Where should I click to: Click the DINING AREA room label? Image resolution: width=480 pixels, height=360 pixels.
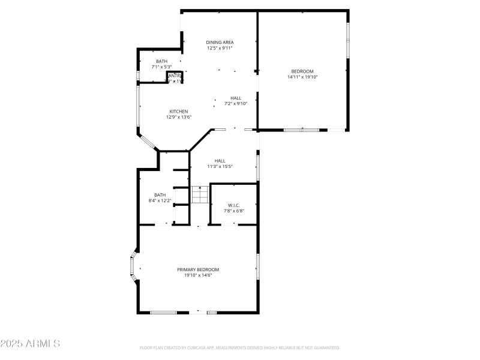pos(220,42)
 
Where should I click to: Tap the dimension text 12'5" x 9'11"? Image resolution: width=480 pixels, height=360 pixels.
pos(220,48)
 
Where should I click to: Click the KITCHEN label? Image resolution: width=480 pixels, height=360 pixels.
pos(179,111)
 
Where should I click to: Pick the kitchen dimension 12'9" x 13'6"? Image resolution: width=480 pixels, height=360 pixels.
pos(179,117)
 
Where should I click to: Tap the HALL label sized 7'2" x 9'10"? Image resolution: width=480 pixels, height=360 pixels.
pos(236,98)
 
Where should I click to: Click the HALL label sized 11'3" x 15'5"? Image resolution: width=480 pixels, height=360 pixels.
pos(220,160)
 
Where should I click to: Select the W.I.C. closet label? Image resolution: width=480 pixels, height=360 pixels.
pos(234,205)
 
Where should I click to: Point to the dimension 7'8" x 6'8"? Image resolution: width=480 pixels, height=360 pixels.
pos(234,211)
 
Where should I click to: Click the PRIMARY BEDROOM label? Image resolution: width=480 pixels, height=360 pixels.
pos(198,269)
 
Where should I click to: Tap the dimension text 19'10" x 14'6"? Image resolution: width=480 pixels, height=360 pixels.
pos(198,275)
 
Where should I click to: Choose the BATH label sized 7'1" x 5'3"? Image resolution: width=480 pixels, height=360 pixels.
pos(161,61)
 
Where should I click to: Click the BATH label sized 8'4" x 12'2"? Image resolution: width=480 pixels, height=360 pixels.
pos(160,194)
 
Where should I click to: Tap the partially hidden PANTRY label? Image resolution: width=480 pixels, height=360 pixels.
pos(175,77)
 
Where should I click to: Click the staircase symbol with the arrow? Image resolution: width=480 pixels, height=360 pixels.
pos(199,195)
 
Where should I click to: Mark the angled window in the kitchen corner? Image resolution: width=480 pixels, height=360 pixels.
pos(148,142)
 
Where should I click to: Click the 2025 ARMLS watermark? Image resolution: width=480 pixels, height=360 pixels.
pos(30,344)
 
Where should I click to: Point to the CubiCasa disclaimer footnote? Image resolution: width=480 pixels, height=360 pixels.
pos(240,347)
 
